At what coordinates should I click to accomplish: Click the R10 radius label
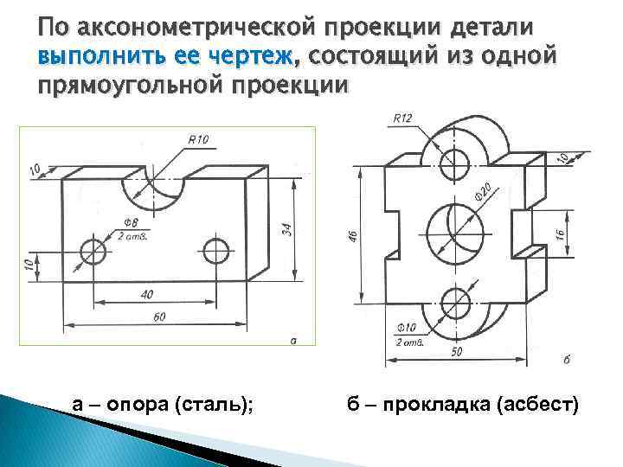pyautogui.click(x=197, y=138)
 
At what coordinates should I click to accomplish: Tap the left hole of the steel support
pyautogui.click(x=93, y=251)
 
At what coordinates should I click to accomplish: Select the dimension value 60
pyautogui.click(x=158, y=317)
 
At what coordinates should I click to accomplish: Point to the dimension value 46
pyautogui.click(x=353, y=235)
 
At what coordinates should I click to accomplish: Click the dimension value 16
pyautogui.click(x=561, y=233)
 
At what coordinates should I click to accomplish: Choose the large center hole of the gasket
pyautogui.click(x=453, y=229)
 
